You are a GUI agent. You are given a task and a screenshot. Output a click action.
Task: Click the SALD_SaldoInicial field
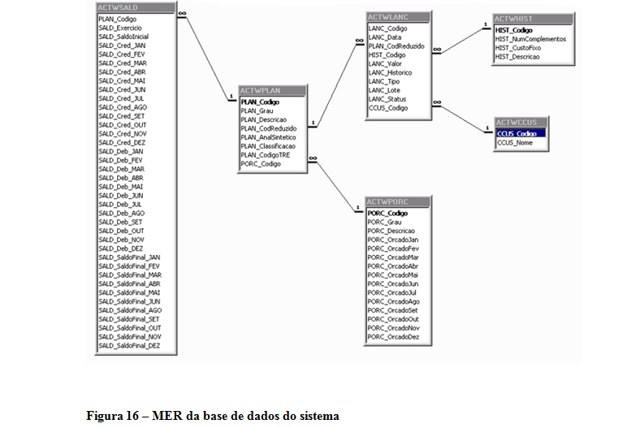coord(123,37)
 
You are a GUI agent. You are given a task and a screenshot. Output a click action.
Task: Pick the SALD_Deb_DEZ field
coord(121,248)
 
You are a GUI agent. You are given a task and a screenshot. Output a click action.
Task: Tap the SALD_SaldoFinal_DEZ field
coord(129,345)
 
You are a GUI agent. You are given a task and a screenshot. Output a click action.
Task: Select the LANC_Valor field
coord(385,63)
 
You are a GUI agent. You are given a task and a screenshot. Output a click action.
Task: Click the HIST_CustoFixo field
coord(518,48)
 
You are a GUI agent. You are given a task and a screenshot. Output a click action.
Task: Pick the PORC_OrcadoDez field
coord(393,336)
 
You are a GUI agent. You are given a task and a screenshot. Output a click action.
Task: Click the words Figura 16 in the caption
coord(113,416)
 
